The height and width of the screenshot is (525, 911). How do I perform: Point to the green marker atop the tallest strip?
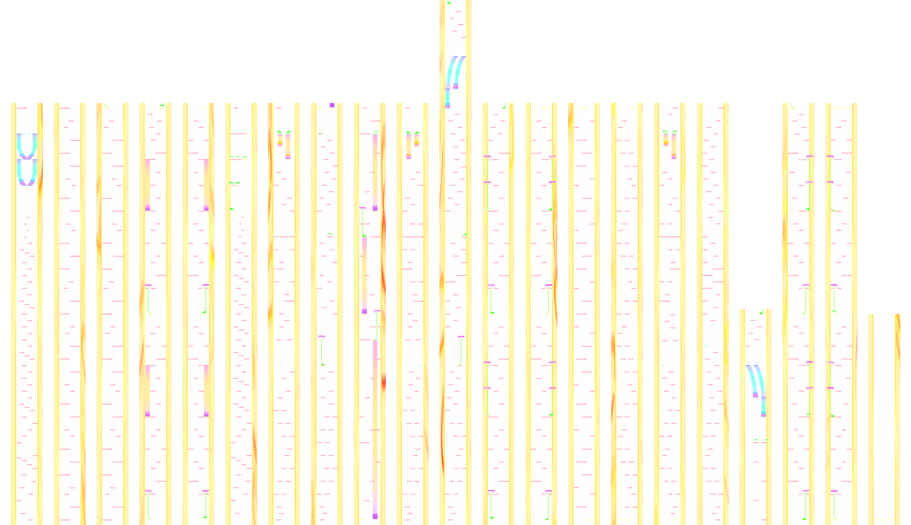pyautogui.click(x=449, y=4)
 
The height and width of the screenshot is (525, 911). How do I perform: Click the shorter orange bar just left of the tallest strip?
pyautogui.click(x=416, y=140)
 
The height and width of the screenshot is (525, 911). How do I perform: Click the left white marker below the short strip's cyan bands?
pyautogui.click(x=756, y=441)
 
